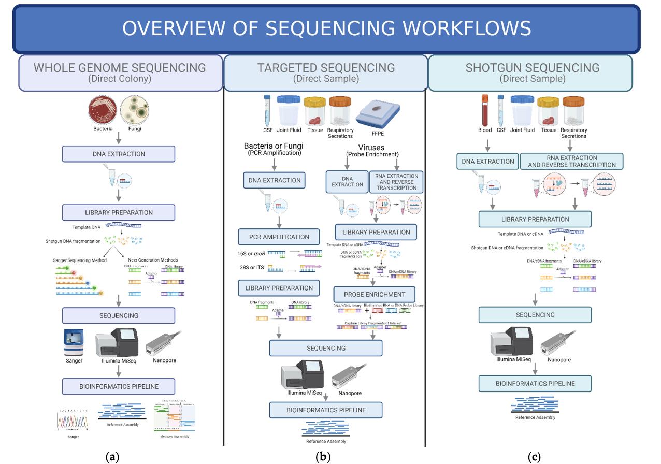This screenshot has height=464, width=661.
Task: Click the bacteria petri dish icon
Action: pyautogui.click(x=103, y=110)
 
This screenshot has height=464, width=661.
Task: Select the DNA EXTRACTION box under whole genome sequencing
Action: pyautogui.click(x=119, y=154)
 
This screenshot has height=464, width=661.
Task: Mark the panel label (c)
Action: pyautogui.click(x=534, y=457)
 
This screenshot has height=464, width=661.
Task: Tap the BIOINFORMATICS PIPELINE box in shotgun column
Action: pyautogui.click(x=535, y=384)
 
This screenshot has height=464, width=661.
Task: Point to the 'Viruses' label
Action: pyautogui.click(x=371, y=148)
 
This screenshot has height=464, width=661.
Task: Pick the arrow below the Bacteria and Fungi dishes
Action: pyautogui.click(x=119, y=137)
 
